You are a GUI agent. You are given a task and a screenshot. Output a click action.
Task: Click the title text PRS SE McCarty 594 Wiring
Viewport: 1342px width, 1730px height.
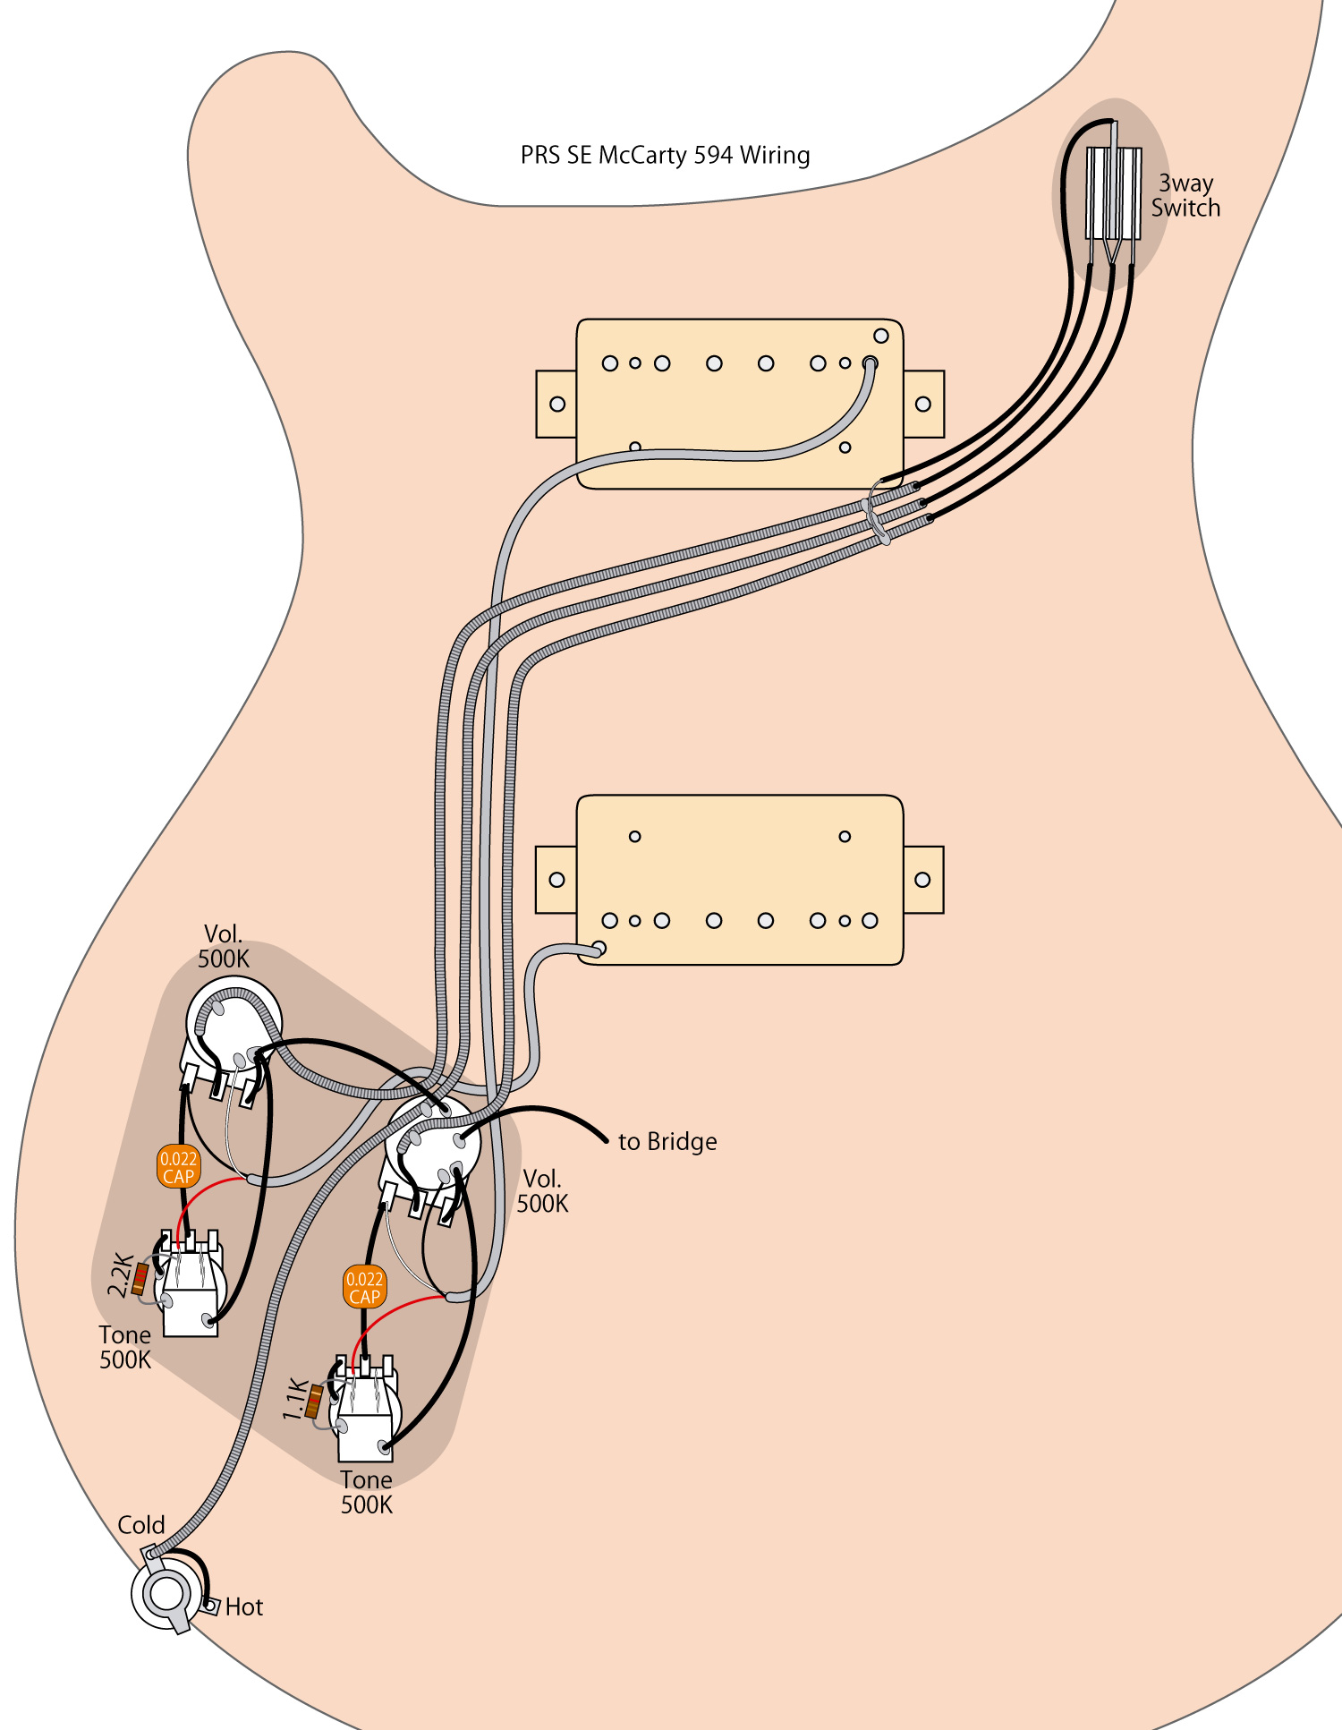(x=665, y=156)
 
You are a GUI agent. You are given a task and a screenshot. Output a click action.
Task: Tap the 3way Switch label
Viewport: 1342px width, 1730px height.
(x=1185, y=196)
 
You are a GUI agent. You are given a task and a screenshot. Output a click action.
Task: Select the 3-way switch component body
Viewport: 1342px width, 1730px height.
(x=1113, y=193)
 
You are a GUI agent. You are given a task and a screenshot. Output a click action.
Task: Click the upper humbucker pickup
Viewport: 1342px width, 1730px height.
(x=739, y=404)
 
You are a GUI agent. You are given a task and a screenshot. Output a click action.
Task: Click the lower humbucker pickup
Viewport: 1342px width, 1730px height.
(x=739, y=879)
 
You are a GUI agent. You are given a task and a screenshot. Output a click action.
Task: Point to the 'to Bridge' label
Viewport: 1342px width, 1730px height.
(x=667, y=1142)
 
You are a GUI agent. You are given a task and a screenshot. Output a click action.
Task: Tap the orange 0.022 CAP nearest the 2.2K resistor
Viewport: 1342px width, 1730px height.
(x=178, y=1167)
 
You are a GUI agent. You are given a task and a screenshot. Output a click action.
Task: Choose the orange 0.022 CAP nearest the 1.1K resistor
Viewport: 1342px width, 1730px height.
(x=364, y=1288)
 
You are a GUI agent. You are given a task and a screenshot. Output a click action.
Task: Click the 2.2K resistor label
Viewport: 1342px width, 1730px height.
(x=120, y=1275)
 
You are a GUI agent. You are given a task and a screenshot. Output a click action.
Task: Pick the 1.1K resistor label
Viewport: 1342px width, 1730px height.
(x=294, y=1400)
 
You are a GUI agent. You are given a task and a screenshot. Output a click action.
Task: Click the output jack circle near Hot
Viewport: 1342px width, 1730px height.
(x=166, y=1594)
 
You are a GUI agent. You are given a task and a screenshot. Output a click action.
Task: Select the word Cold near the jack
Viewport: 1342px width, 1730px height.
(x=141, y=1525)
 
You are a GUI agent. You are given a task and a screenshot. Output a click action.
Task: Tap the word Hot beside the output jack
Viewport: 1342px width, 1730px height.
(x=244, y=1607)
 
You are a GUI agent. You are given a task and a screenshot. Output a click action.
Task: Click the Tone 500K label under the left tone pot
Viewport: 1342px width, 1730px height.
(x=125, y=1348)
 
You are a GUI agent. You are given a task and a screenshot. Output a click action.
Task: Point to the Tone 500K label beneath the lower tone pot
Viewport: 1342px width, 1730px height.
(x=366, y=1493)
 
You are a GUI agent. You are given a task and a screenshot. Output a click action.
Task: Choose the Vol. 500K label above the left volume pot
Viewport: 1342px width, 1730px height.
(x=223, y=947)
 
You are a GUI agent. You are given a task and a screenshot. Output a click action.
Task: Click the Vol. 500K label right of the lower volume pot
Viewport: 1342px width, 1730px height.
(x=542, y=1191)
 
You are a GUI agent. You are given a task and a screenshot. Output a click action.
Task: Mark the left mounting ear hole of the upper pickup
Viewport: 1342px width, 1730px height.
(x=557, y=404)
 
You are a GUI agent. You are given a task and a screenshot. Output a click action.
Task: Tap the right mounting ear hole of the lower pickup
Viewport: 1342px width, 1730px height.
(x=922, y=880)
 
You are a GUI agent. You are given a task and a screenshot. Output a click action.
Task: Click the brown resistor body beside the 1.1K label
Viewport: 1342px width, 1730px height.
(x=314, y=1402)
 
